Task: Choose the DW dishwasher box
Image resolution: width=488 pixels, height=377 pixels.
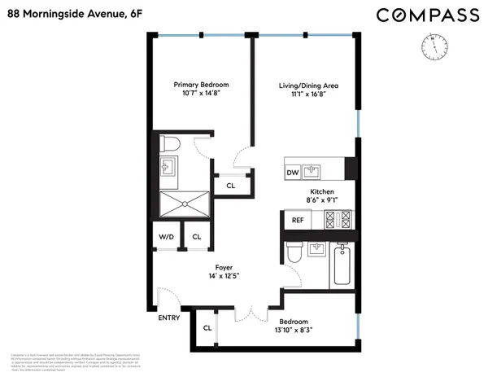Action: coord(292,173)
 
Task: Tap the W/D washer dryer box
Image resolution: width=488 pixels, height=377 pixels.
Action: coord(166,237)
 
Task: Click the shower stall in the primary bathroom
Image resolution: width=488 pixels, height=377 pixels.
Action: coord(182,204)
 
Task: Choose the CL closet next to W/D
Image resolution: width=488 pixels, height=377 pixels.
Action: coord(196,237)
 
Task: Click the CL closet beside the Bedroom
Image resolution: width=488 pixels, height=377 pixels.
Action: coord(207,328)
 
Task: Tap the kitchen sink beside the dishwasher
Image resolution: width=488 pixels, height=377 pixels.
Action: coord(312,172)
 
